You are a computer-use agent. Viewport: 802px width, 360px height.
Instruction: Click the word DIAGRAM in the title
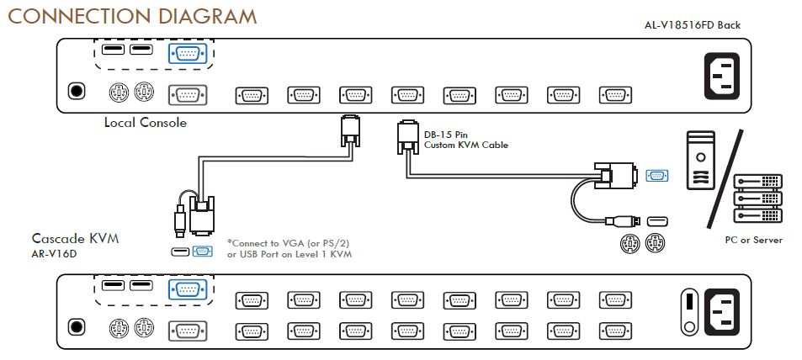point(208,16)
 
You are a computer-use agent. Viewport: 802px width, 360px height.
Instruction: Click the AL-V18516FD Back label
point(692,24)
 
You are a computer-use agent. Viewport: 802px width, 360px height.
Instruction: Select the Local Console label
point(146,123)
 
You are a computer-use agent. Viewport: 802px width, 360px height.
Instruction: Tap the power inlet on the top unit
point(722,75)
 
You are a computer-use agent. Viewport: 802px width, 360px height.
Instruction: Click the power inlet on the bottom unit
point(722,312)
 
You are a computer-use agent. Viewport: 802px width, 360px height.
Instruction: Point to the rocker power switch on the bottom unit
point(689,312)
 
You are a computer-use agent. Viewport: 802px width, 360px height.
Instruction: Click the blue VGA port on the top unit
point(187,54)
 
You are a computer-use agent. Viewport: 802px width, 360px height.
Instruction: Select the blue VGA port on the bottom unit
point(187,289)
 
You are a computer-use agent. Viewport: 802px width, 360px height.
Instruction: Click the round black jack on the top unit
point(77,92)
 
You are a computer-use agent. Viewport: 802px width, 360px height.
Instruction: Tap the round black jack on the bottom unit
point(77,327)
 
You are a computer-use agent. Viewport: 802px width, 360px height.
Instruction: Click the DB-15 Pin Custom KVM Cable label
point(466,140)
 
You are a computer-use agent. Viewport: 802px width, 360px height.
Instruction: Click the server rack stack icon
point(758,199)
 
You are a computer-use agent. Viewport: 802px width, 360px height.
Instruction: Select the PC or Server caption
point(753,240)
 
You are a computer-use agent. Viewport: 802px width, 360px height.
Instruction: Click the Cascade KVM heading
point(75,238)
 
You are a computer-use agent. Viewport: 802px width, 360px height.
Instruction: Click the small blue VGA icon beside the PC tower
point(657,176)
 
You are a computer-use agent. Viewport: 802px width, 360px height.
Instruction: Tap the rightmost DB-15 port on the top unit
point(615,96)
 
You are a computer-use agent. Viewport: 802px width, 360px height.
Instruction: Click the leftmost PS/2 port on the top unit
point(119,93)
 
